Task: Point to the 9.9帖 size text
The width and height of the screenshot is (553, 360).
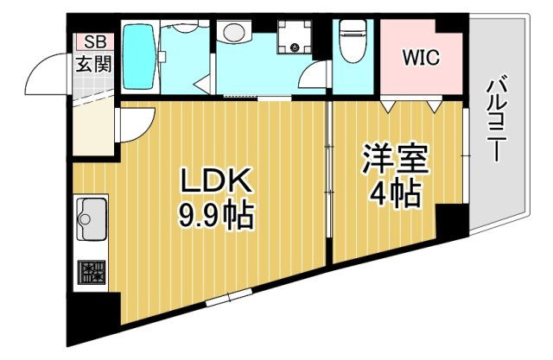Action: [216, 214]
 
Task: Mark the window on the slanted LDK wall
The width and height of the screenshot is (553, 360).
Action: [230, 299]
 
